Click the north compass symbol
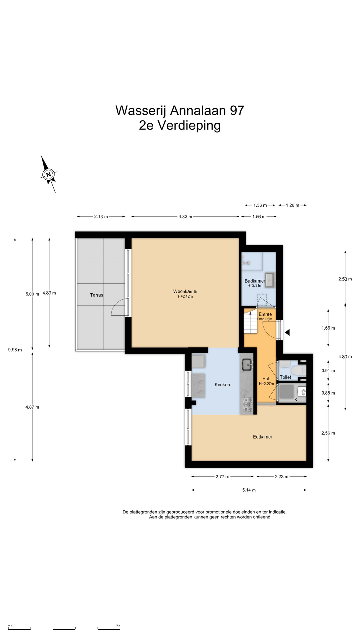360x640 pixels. (x=49, y=174)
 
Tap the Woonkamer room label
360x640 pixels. (x=185, y=291)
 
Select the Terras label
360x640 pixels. (x=97, y=295)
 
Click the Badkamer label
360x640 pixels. (x=255, y=281)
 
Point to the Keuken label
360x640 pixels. (x=222, y=384)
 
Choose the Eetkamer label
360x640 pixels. (x=263, y=437)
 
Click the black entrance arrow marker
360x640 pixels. (x=287, y=332)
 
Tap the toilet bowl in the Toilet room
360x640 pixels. (x=298, y=370)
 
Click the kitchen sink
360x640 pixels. (x=247, y=364)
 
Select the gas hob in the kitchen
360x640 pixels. (x=247, y=404)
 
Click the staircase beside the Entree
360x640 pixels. (x=250, y=322)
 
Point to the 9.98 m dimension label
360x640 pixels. (x=15, y=350)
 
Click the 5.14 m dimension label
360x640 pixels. (x=249, y=490)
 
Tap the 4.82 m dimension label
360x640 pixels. (x=185, y=217)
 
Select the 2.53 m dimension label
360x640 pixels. (x=345, y=279)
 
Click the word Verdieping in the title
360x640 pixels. (x=189, y=126)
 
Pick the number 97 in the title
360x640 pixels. (x=237, y=110)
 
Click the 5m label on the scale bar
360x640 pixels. (x=118, y=626)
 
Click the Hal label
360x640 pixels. (x=266, y=379)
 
